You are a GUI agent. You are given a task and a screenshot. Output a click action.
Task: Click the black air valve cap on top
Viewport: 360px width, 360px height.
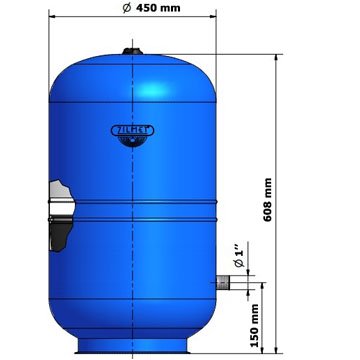(132, 48)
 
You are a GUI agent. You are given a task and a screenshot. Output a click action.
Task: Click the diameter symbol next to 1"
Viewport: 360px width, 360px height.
(238, 263)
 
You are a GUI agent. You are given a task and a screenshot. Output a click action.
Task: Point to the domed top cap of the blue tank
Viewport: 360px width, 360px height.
(132, 75)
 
